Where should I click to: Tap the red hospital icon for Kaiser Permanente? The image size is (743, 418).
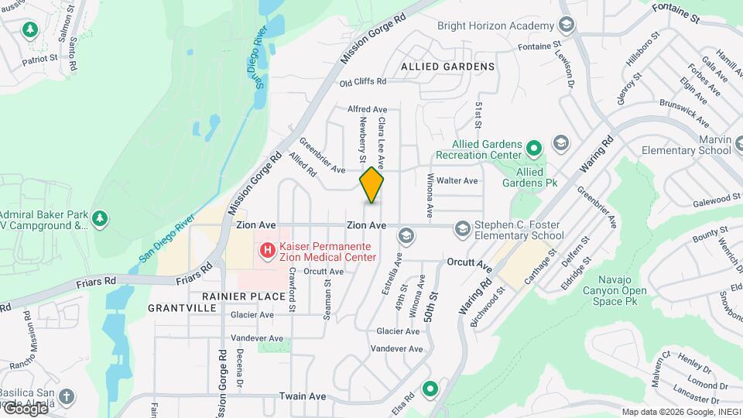point(267,249)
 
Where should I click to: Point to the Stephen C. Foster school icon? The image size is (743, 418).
point(462,228)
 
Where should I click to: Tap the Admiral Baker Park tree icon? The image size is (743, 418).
point(99,219)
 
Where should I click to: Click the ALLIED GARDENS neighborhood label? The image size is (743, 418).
point(448,67)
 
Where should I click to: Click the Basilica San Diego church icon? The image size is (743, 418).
point(67,396)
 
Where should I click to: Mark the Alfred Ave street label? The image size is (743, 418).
point(367,110)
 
